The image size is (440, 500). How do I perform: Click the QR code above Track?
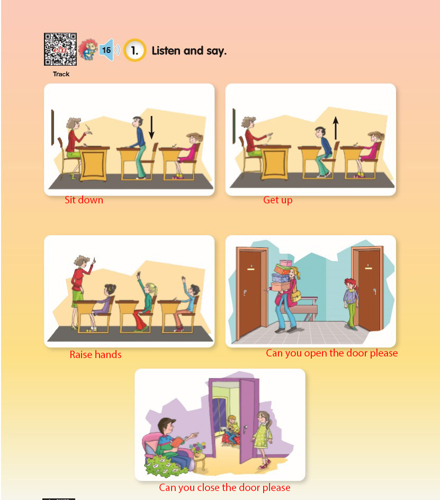[x=60, y=49]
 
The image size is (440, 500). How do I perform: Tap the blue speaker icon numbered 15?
[x=109, y=50]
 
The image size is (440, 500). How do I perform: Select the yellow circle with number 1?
[x=135, y=50]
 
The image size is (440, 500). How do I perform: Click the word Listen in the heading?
[x=166, y=50]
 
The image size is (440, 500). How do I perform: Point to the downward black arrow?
[x=152, y=128]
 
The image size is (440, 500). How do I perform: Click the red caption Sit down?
[x=84, y=200]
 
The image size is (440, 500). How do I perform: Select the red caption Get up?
[x=277, y=200]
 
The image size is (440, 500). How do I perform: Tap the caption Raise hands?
[x=96, y=354]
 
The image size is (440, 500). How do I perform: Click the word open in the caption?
[x=316, y=354]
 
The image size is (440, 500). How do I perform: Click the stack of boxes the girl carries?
[x=281, y=275]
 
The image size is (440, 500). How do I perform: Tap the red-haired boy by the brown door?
[x=351, y=303]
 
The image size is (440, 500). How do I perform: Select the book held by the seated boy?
[x=177, y=442]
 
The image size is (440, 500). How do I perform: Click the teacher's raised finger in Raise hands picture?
[x=94, y=260]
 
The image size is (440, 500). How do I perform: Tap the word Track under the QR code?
[x=61, y=74]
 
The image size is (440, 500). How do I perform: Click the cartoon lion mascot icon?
[x=88, y=50]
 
